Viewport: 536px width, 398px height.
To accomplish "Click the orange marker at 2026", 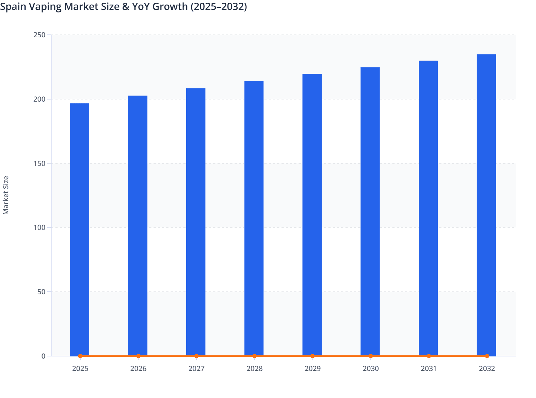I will (x=138, y=356).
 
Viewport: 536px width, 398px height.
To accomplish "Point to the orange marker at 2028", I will (x=254, y=356).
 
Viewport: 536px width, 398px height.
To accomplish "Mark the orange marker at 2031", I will (x=429, y=356).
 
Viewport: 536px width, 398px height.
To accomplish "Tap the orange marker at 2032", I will (x=487, y=356).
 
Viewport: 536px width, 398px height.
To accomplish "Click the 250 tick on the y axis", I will (x=39, y=35).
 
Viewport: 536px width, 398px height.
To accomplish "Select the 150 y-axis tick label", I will (x=39, y=163).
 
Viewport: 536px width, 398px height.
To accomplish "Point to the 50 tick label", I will (x=41, y=292).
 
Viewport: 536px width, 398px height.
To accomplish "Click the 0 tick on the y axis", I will (x=43, y=356).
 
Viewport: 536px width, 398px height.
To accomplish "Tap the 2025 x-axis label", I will (x=80, y=369).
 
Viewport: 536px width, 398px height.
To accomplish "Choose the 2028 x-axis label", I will (x=254, y=369).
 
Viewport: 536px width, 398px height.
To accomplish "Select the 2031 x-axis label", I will (x=429, y=369).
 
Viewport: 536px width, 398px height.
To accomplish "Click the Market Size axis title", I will (x=6, y=195).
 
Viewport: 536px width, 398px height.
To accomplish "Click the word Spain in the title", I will (x=12, y=7).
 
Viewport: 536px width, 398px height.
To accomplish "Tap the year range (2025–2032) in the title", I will (x=219, y=7).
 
